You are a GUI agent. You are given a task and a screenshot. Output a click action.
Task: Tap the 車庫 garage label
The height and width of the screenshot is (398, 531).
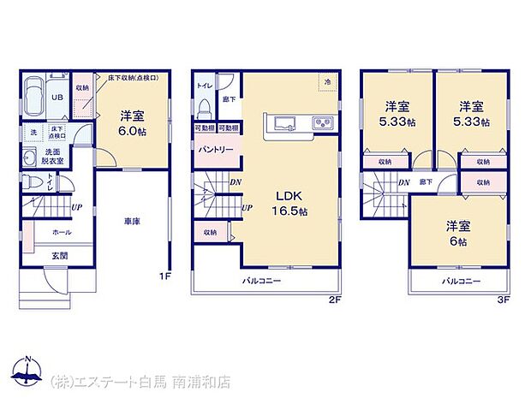tap(130, 220)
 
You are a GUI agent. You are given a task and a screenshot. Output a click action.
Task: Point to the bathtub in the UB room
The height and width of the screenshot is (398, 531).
tap(34, 90)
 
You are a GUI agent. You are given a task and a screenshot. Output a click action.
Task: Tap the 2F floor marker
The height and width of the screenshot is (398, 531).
tap(336, 300)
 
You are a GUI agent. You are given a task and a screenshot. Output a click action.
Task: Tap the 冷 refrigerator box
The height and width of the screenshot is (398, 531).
tap(327, 81)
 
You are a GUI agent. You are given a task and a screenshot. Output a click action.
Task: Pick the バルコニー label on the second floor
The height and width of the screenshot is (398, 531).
tap(260, 280)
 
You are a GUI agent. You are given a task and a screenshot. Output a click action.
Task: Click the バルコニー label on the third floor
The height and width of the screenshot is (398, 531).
tap(461, 280)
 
